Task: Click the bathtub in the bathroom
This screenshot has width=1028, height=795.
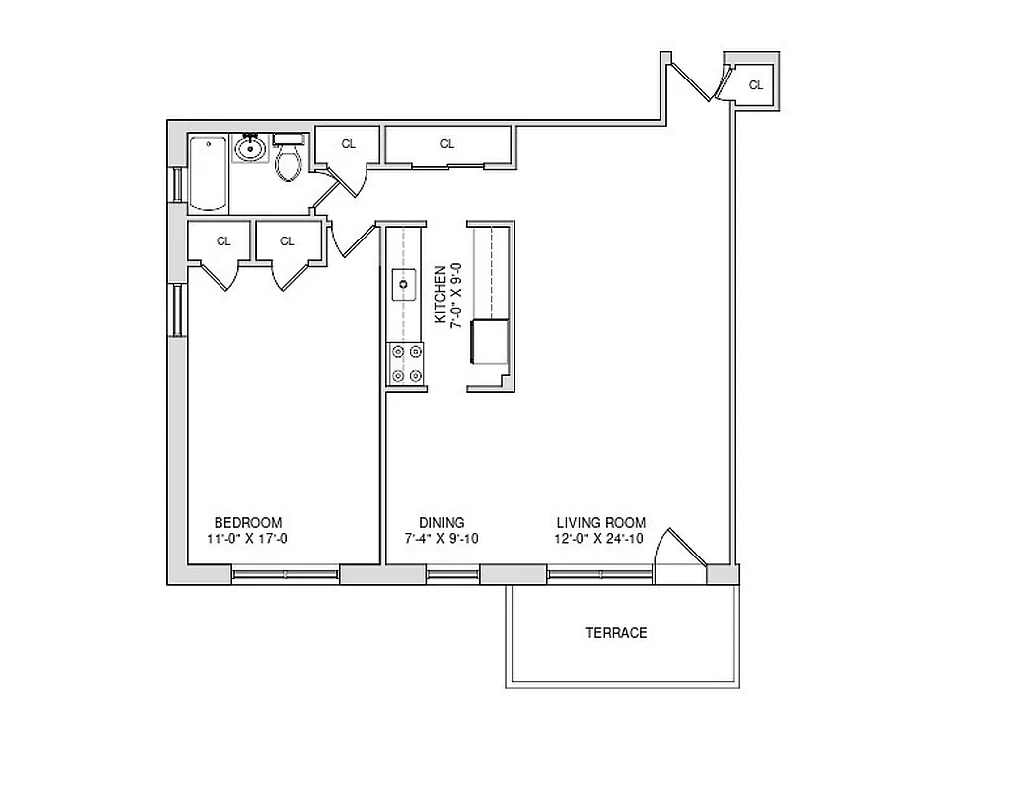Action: point(209,174)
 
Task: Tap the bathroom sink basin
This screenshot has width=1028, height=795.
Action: point(248,151)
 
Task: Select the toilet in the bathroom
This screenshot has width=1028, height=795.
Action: point(289,161)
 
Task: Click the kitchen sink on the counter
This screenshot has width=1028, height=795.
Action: point(404,284)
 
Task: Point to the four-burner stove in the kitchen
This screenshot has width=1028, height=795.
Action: point(405,363)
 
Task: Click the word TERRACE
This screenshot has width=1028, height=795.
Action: point(616,633)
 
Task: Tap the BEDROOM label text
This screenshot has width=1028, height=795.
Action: point(248,523)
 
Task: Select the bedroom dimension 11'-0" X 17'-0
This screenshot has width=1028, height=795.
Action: point(248,540)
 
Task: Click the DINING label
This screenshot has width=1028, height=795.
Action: point(441,523)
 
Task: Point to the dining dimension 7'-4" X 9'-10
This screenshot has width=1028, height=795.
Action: point(441,540)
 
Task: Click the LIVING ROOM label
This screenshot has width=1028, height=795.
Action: point(601,523)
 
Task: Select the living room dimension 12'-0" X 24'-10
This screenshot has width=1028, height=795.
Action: point(601,540)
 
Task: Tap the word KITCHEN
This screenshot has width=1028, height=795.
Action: point(440,294)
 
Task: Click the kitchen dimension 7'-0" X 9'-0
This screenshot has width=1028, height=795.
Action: point(456,294)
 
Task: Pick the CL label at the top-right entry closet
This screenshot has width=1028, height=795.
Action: point(756,85)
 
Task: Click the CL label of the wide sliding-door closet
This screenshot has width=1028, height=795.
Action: point(447,144)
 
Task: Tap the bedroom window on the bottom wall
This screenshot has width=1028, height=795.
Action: point(286,573)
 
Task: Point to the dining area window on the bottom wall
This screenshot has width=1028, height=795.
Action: point(453,573)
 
